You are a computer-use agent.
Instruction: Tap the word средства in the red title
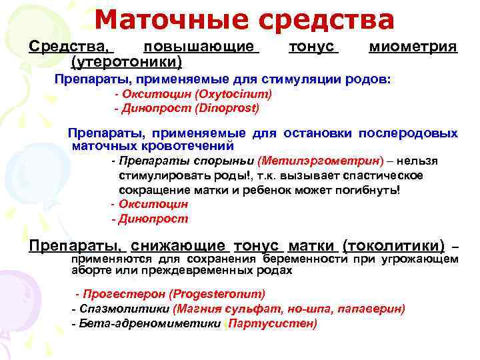(326, 21)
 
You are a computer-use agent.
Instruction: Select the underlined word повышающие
(201, 47)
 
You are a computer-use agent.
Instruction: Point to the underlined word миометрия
(413, 47)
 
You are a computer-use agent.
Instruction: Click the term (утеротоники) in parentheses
(127, 62)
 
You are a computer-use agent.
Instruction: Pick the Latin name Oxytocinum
(233, 94)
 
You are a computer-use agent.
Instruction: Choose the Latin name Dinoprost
(227, 109)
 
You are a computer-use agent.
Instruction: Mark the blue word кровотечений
(187, 146)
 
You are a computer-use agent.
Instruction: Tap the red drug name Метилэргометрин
(321, 161)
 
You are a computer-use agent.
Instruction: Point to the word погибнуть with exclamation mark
(367, 191)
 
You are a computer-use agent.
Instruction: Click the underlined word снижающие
(178, 246)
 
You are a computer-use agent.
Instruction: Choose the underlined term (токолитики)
(394, 246)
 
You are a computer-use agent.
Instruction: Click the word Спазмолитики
(124, 309)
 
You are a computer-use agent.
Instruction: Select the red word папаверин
(371, 309)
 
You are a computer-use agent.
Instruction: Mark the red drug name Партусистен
(272, 323)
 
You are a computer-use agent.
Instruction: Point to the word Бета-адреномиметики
(150, 323)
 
